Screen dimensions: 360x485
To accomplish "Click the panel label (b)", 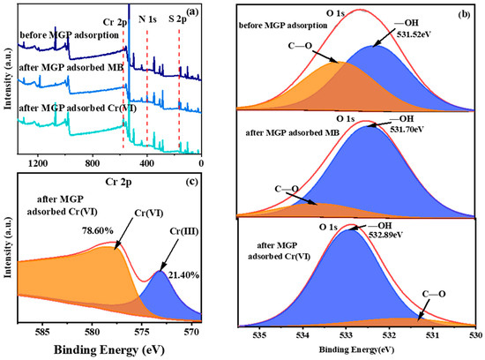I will click(x=461, y=15).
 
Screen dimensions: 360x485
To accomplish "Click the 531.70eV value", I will click(x=404, y=126).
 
